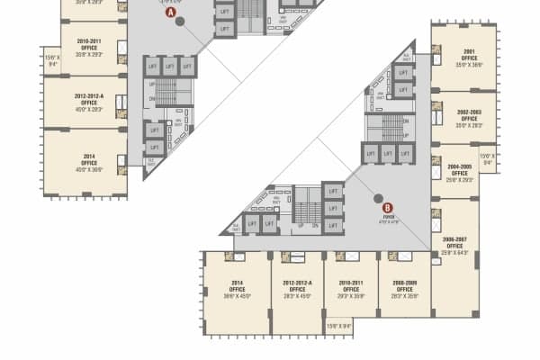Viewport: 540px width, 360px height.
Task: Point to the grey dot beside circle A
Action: [180, 22]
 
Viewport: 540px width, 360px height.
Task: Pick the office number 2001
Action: [464, 52]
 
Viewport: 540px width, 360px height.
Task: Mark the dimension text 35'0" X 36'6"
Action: [464, 65]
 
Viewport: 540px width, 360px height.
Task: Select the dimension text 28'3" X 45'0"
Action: [297, 294]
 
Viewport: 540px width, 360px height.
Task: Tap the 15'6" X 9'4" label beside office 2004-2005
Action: [487, 159]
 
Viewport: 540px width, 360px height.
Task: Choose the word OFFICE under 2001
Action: [464, 58]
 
